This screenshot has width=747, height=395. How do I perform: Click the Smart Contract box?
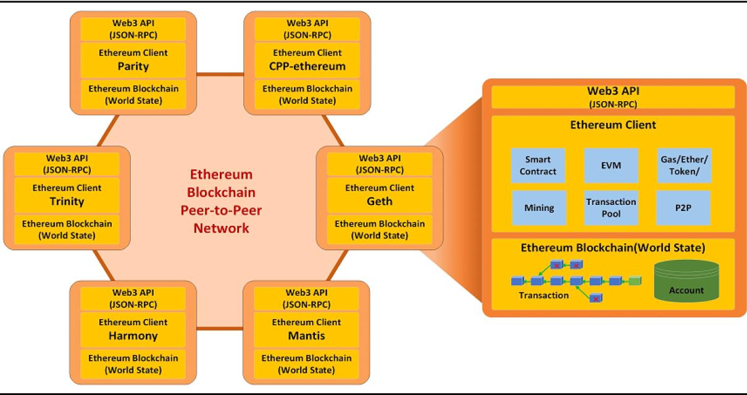(x=538, y=165)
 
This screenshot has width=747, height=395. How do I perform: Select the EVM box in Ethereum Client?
(x=611, y=165)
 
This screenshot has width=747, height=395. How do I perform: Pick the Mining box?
(x=538, y=207)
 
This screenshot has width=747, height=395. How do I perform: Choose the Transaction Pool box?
(x=611, y=207)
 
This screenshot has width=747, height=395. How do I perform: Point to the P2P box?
(x=683, y=207)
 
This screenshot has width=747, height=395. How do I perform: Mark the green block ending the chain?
(x=635, y=281)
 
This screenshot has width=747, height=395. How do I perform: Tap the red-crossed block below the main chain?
(x=596, y=299)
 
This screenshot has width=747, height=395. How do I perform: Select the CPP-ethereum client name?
(x=307, y=65)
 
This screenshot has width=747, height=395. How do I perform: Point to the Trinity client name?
(x=67, y=201)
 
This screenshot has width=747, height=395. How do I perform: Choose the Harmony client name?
(x=133, y=336)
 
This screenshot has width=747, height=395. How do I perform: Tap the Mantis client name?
(x=307, y=336)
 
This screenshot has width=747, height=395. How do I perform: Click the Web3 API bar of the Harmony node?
(x=133, y=297)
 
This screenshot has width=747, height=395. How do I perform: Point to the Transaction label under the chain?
(x=543, y=296)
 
